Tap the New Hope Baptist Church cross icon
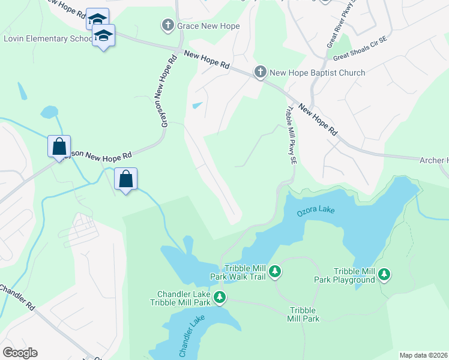pos(261,73)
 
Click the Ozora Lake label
pos(315,211)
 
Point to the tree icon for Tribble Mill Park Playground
pos(384,275)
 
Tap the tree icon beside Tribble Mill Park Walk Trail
pos(275,272)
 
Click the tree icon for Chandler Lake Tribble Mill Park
pos(220,297)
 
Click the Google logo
pos(20,353)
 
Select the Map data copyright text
pos(423,355)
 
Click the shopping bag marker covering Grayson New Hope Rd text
pos(59,146)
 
